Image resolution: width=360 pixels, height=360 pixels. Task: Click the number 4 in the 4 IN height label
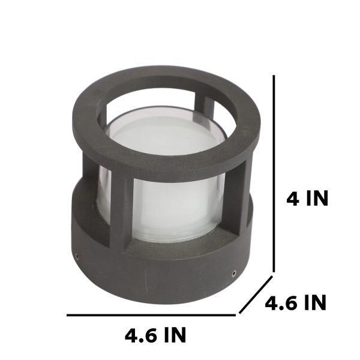point(293,199)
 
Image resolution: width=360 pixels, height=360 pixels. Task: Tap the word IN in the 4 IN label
point(317,199)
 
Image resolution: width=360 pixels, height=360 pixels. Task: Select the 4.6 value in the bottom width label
point(142,335)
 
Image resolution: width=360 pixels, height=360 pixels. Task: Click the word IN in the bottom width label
point(175,335)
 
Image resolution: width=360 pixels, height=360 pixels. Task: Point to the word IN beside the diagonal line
point(315,303)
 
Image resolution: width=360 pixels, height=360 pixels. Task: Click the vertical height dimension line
point(274,173)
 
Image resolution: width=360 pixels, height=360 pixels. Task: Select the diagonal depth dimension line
point(256,295)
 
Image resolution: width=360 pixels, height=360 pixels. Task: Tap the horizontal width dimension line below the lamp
point(151,315)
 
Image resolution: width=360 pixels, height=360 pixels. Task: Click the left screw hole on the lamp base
point(77,256)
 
